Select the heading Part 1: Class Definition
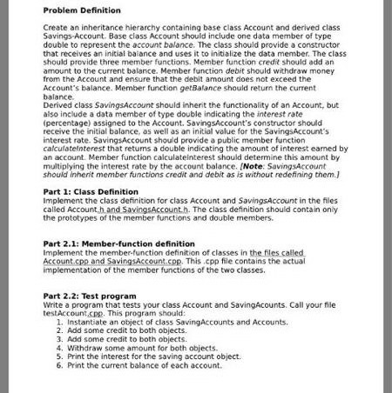tap(90, 191)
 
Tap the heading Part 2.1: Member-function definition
tap(118, 243)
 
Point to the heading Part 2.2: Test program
tap(90, 296)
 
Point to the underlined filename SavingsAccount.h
tap(152, 209)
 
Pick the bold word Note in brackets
tap(253, 166)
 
